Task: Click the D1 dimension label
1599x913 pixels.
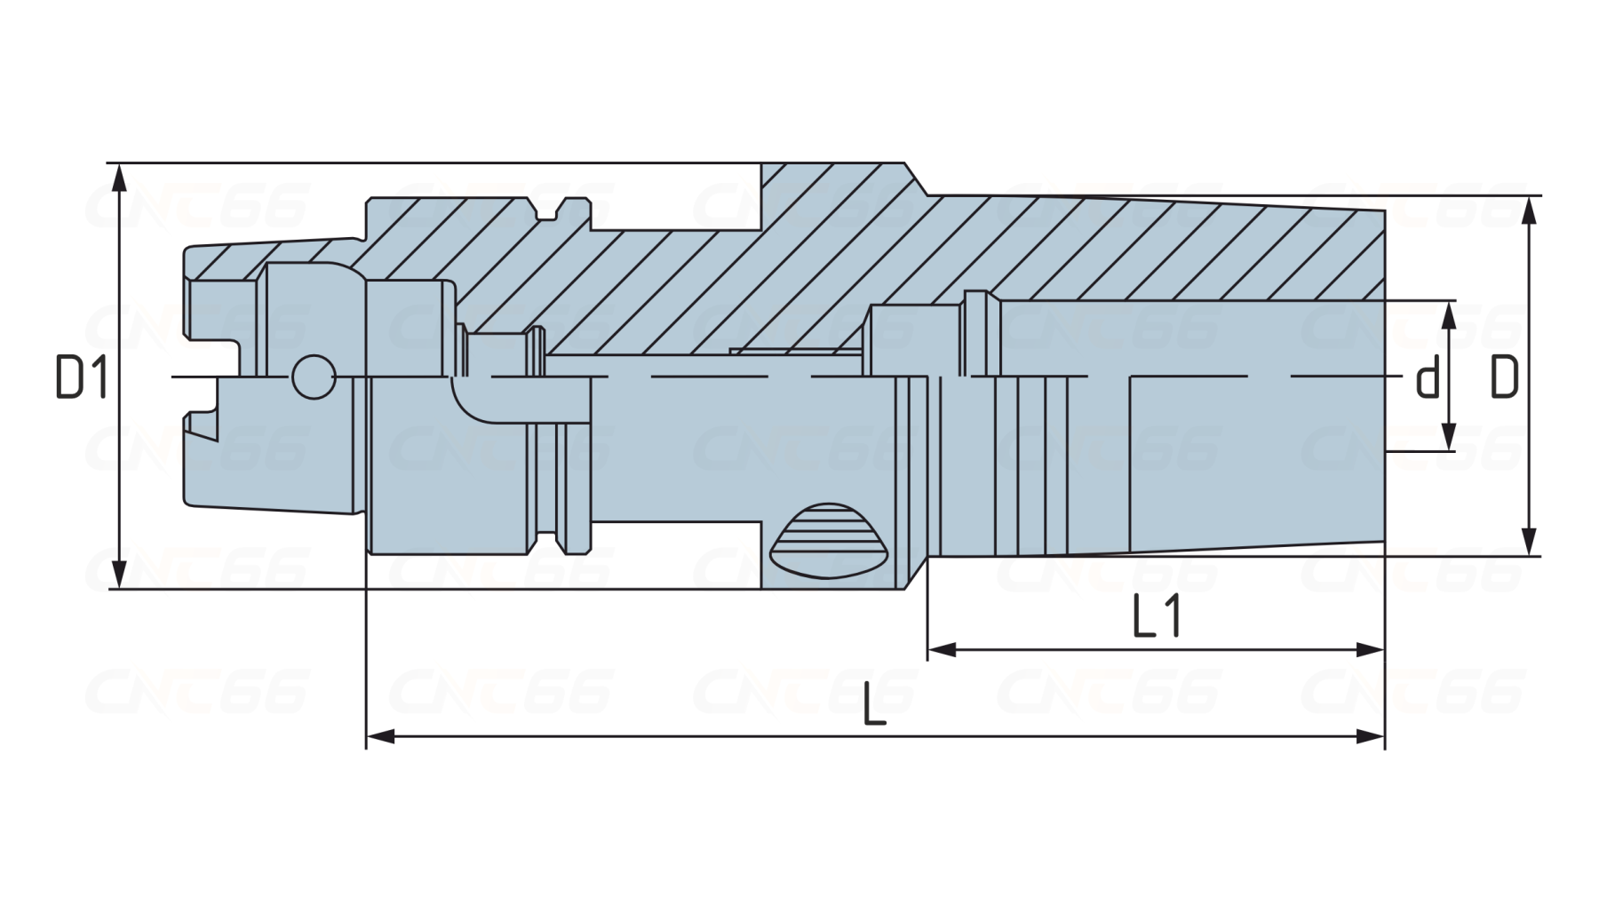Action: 82,377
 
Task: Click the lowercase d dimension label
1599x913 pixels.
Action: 1427,377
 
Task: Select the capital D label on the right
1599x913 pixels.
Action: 1504,377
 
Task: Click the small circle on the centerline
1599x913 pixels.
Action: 313,377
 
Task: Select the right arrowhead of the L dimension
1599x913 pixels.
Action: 1371,736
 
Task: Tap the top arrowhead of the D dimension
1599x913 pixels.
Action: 1529,210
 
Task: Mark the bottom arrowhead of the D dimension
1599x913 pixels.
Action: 1529,542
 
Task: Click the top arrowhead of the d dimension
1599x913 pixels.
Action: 1449,315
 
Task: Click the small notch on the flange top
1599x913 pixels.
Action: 545,210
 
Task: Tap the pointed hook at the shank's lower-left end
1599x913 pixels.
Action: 203,429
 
